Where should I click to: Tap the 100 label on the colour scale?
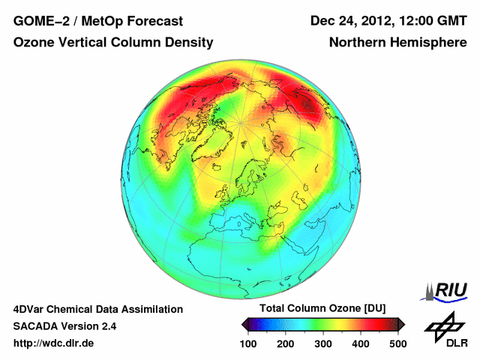coord(249,343)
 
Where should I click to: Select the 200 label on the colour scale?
coord(286,343)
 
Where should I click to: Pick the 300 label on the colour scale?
coord(323,343)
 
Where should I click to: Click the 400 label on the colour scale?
coord(361,343)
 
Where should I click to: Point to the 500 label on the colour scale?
coord(397,343)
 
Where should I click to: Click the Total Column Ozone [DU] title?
coord(322,309)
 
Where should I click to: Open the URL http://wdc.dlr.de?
coord(54,343)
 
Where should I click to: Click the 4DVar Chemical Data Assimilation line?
coord(97,309)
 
